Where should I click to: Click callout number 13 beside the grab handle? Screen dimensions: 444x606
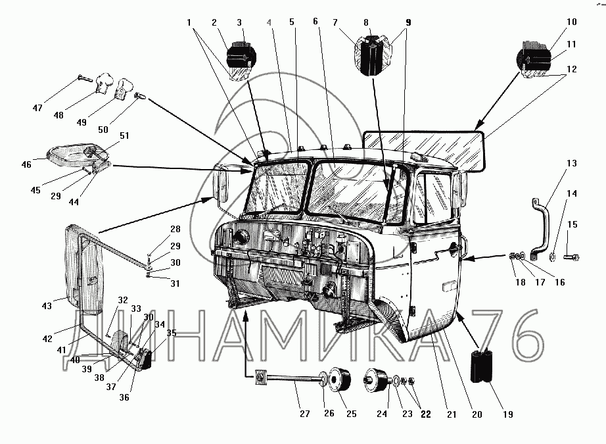point(571,163)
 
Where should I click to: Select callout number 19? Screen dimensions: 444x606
point(507,414)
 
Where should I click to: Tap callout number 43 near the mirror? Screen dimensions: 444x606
point(47,305)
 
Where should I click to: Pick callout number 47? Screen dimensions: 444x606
point(37,108)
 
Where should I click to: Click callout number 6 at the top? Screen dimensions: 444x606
point(315,21)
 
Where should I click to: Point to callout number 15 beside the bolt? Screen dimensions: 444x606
point(572,225)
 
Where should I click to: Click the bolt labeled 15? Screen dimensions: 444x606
point(569,255)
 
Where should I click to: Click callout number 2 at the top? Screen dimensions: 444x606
point(214,22)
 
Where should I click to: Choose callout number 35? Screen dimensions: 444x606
point(172,333)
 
